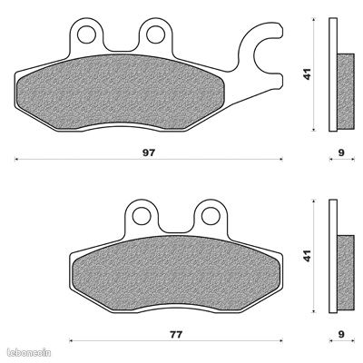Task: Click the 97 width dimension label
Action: point(149,152)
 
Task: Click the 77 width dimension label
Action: point(176,335)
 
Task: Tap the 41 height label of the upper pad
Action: point(308,74)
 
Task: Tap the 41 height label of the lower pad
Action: point(308,256)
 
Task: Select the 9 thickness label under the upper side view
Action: point(341,152)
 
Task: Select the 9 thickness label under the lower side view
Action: point(341,335)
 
